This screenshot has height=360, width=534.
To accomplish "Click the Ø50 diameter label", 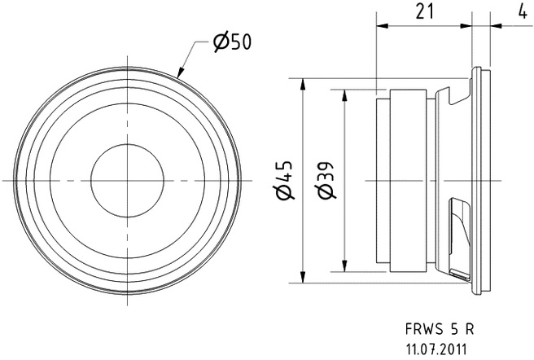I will pyautogui.click(x=232, y=42).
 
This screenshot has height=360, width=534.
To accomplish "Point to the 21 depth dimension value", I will pyautogui.click(x=423, y=11).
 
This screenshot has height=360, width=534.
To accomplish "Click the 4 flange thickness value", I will pyautogui.click(x=520, y=11).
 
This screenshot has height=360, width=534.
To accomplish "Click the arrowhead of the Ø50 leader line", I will pyautogui.click(x=179, y=76).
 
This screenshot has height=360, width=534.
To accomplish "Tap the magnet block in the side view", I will pyautogui.click(x=405, y=180).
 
